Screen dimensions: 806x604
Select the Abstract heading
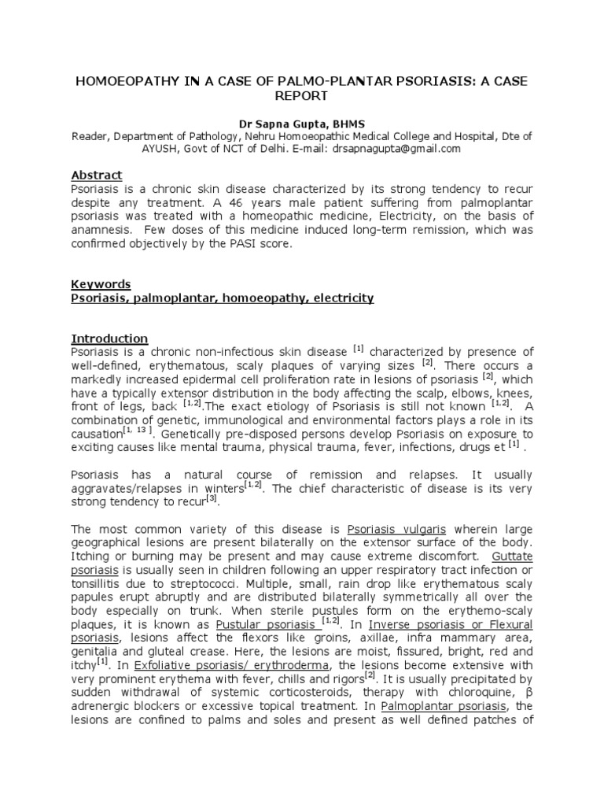pyautogui.click(x=97, y=175)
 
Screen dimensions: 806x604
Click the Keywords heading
pyautogui.click(x=101, y=284)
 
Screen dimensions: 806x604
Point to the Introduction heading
pyautogui.click(x=109, y=338)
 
